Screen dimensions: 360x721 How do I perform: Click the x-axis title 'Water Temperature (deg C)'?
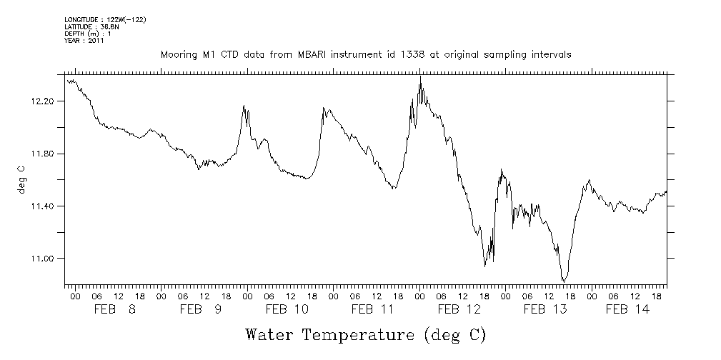[x=365, y=334]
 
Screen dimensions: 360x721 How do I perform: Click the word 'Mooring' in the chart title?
[x=177, y=55]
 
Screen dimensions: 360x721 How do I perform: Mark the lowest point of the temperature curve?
[x=564, y=281]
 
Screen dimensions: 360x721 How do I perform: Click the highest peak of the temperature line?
[x=420, y=76]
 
